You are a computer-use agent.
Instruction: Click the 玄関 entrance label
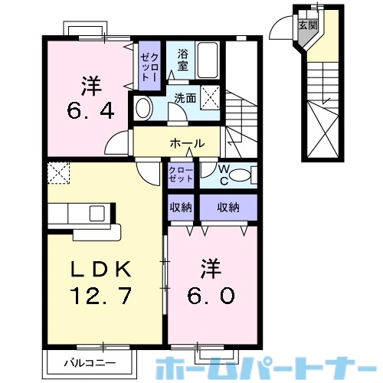point(306,25)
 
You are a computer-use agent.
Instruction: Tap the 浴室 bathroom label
point(183,60)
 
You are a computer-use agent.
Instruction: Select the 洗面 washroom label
point(185,97)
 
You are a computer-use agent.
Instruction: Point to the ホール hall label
point(187,143)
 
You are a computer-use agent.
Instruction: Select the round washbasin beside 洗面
point(142,106)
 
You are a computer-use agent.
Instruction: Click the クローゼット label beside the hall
point(182,173)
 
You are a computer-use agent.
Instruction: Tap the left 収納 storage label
point(181,207)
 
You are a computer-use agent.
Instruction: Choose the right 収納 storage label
point(228,207)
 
